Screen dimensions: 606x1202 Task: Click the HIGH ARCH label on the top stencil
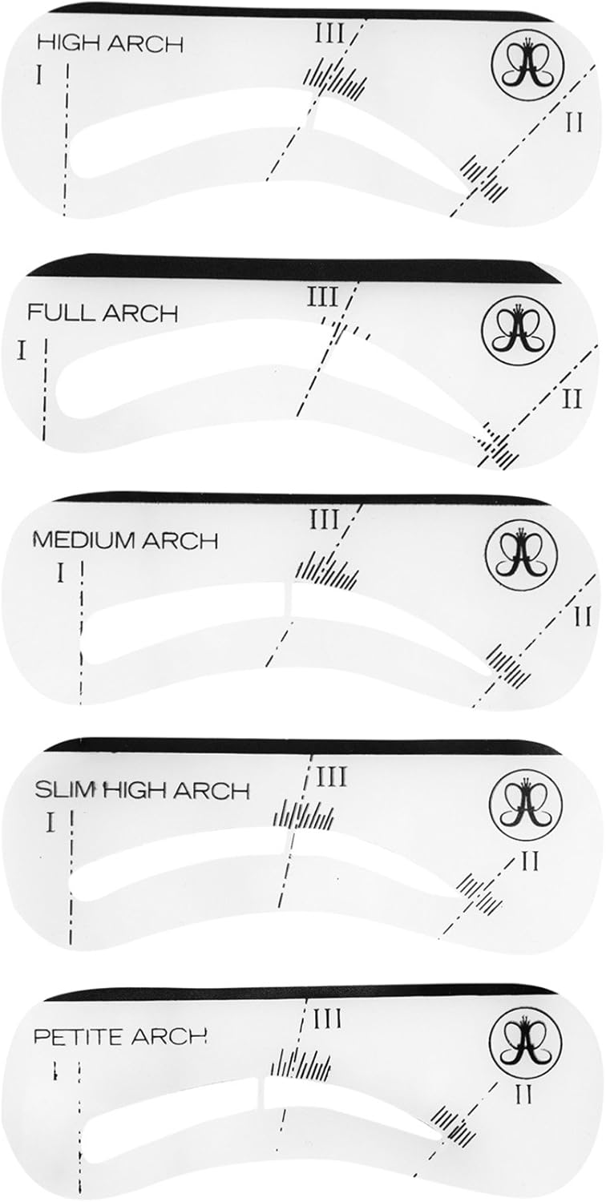110,45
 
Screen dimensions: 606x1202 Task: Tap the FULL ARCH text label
102,313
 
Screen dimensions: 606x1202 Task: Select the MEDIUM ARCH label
126,541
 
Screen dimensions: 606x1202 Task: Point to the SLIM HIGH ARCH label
142,790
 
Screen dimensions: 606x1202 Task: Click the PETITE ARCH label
120,1036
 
